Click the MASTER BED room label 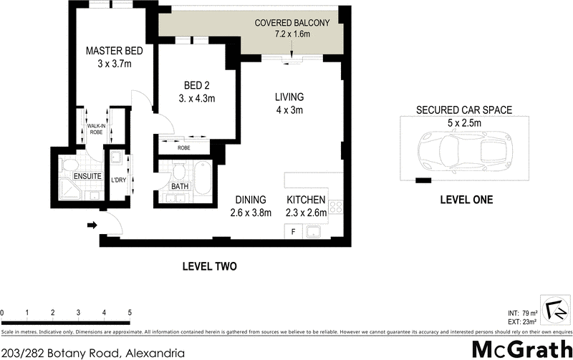[x=115, y=51]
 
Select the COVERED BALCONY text [x=292, y=23]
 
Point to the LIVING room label [x=289, y=97]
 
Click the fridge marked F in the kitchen [x=294, y=231]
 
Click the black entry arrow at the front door [x=92, y=225]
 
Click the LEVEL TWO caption [x=209, y=266]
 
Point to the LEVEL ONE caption [x=466, y=200]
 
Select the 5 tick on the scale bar [x=130, y=313]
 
